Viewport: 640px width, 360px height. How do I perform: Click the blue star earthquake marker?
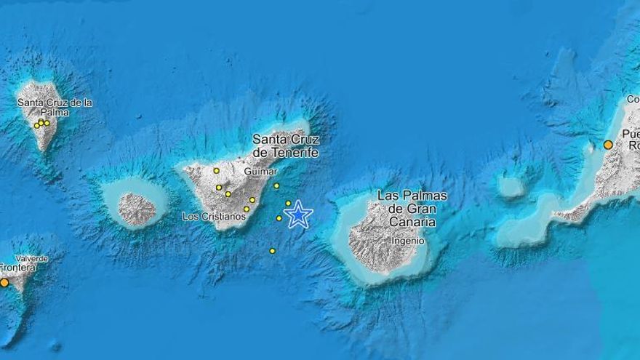[x=298, y=215]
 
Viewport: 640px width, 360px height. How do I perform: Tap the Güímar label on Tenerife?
[x=261, y=171]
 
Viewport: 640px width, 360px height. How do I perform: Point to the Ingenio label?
[x=407, y=240]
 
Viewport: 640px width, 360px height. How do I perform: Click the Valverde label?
[x=32, y=258]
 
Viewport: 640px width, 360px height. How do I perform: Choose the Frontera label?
[x=17, y=267]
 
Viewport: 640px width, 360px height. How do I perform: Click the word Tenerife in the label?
[x=295, y=153]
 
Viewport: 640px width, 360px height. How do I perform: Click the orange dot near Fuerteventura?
[x=608, y=145]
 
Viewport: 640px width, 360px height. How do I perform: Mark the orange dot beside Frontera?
[x=4, y=282]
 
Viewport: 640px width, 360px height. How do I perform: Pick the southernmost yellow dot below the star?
[x=272, y=251]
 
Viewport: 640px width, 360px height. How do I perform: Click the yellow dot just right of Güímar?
[x=276, y=185]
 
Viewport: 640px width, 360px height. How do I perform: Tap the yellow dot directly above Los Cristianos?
[x=246, y=209]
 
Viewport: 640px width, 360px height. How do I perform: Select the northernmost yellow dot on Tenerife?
[x=216, y=171]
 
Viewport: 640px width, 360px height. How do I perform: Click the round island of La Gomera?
[x=137, y=209]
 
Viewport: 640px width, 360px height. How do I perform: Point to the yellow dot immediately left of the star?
[x=279, y=217]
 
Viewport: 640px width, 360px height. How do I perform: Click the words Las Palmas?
[x=412, y=196]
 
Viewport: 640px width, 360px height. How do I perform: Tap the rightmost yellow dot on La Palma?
[x=47, y=122]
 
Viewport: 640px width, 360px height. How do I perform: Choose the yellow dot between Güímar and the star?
[x=288, y=203]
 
